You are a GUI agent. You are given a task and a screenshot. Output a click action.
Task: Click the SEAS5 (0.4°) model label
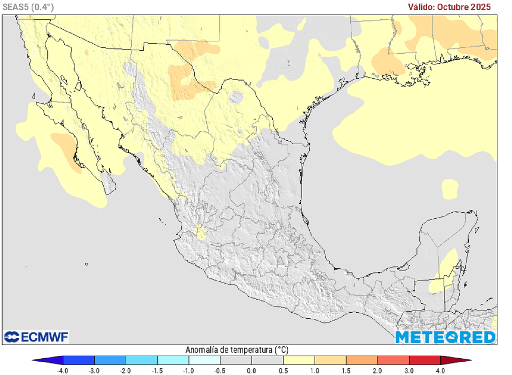pyautogui.click(x=28, y=7)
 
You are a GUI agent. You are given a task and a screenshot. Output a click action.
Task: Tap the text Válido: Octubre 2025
pyautogui.click(x=449, y=7)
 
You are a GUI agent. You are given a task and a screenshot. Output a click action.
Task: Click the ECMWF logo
pyautogui.click(x=36, y=337)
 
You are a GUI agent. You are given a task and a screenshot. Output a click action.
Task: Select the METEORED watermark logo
pyautogui.click(x=445, y=337)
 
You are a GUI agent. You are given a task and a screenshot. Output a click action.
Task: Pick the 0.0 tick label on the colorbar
pyautogui.click(x=251, y=370)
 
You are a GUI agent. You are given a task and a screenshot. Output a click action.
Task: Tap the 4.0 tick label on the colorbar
pyautogui.click(x=440, y=370)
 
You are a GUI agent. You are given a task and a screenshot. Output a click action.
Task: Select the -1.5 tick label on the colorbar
pyautogui.click(x=157, y=370)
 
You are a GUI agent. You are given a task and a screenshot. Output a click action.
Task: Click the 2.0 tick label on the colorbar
pyautogui.click(x=377, y=370)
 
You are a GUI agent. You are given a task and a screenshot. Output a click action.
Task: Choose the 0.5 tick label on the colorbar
pyautogui.click(x=283, y=370)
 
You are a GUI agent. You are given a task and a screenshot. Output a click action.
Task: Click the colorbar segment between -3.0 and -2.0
pyautogui.click(x=110, y=360)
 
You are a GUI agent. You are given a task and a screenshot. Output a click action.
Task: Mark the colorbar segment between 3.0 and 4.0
pyautogui.click(x=424, y=360)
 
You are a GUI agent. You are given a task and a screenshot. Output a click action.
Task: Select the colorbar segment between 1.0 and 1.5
pyautogui.click(x=330, y=360)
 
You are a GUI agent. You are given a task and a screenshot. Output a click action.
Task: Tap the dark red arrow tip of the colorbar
pyautogui.click(x=462, y=360)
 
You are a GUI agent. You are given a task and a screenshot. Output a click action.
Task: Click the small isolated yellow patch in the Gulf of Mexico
pyautogui.click(x=450, y=189)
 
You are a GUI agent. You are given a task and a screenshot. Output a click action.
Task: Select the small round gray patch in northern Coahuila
pyautogui.click(x=236, y=97)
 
